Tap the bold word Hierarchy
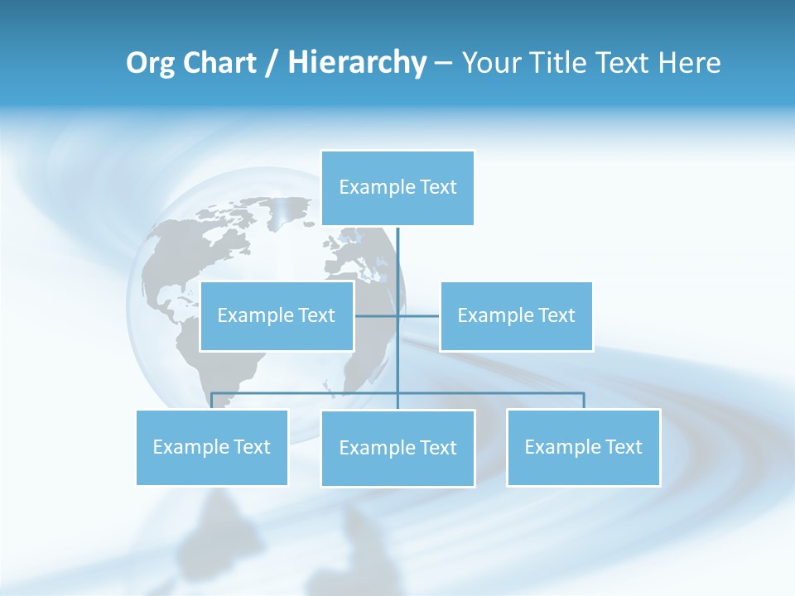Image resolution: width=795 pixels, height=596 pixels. [x=357, y=63]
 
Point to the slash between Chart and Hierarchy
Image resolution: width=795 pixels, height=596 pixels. [x=272, y=64]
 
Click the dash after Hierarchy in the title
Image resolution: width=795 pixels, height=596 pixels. [x=443, y=64]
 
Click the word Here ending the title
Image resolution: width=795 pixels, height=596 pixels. [x=689, y=63]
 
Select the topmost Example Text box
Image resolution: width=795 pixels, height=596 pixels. [x=397, y=188]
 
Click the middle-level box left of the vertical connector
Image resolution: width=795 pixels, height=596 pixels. [x=277, y=315]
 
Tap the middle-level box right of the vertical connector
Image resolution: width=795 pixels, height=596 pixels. [x=516, y=315]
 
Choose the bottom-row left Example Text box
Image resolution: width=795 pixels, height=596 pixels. [x=212, y=447]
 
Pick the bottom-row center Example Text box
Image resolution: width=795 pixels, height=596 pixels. [x=397, y=448]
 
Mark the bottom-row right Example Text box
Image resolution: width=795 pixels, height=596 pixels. [x=583, y=447]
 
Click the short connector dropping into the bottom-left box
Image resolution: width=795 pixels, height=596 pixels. [x=212, y=401]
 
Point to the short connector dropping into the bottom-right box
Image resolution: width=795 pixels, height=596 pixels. [x=584, y=401]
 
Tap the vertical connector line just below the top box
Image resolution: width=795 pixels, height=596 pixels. [x=397, y=248]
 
